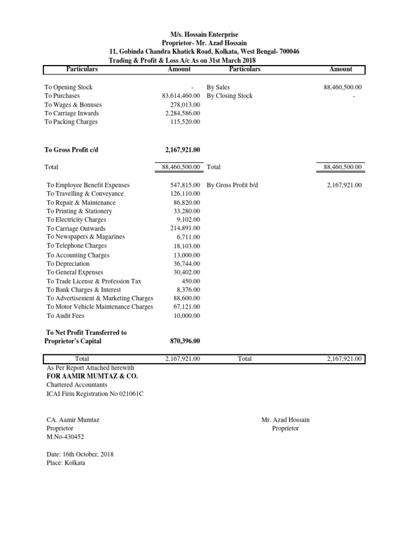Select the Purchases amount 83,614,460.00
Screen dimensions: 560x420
pos(178,96)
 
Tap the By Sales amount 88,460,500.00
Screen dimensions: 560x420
pos(343,87)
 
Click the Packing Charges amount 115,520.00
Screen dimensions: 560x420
pos(185,122)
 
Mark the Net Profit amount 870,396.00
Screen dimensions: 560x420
pos(185,341)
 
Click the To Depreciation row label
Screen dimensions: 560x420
pos(68,264)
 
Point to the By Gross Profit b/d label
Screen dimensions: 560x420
pos(232,185)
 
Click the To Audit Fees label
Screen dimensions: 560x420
pos(66,316)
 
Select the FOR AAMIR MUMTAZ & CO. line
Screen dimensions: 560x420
pos(91,376)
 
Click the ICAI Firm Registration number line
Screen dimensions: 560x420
pos(95,394)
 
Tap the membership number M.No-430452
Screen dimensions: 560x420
pos(66,437)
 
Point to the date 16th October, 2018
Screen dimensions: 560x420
pos(80,454)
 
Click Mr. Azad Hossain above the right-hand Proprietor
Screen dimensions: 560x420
pos(285,419)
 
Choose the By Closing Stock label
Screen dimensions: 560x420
pos(230,96)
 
